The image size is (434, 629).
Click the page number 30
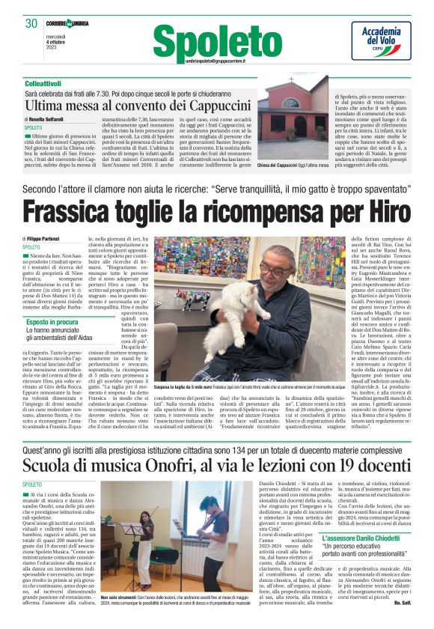point(31,23)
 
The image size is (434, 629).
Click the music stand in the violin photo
point(141,535)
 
